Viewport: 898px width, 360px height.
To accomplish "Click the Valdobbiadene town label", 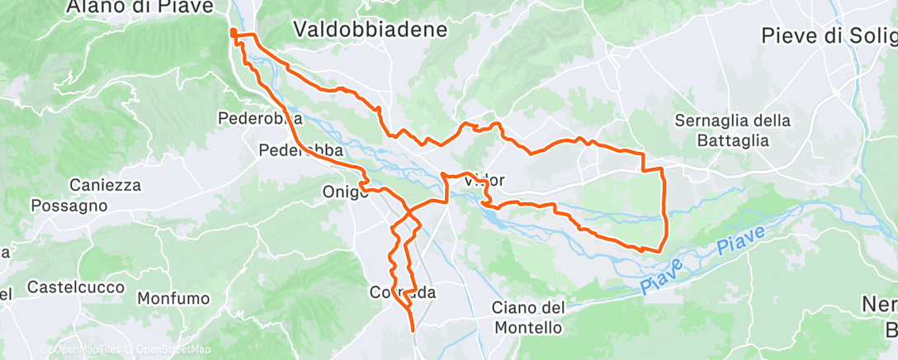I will [x=371, y=30].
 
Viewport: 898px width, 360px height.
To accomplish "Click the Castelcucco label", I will [x=76, y=287].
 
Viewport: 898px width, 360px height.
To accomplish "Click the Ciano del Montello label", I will [x=528, y=317].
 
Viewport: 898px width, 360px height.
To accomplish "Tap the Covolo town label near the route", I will [x=403, y=293].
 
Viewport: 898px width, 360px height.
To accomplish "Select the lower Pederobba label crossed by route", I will [x=300, y=151].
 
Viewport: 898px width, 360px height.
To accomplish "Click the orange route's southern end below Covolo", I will [x=412, y=331].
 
